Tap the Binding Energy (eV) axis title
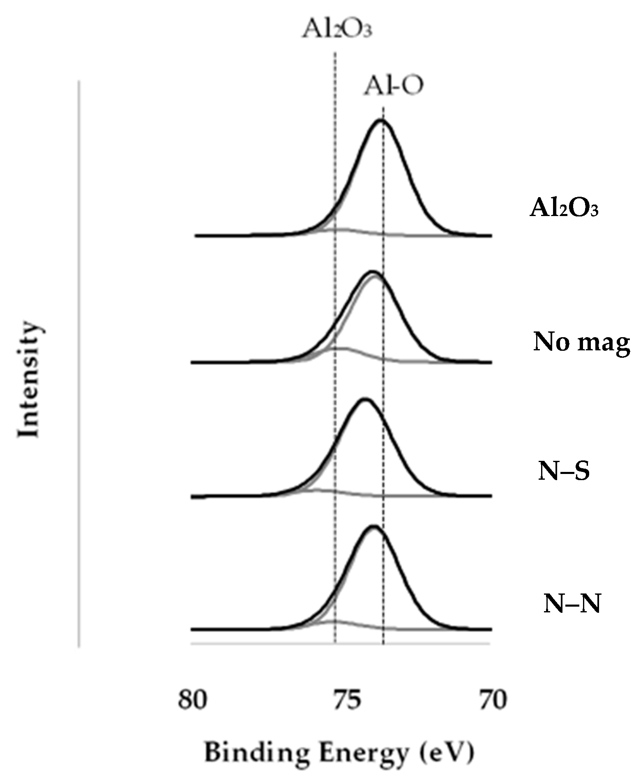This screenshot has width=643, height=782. tap(339, 753)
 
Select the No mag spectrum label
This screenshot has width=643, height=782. tap(581, 342)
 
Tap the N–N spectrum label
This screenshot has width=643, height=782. tap(572, 604)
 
